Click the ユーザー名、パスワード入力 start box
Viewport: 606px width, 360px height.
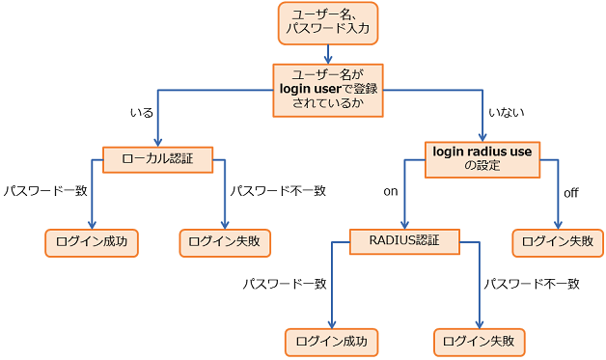(327, 23)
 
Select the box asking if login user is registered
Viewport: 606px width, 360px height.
(326, 90)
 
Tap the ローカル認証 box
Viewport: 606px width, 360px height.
(157, 158)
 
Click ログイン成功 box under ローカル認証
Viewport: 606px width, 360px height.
(91, 241)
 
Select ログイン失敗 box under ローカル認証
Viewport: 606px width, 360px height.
(225, 241)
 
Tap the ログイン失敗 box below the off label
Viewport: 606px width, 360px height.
(558, 241)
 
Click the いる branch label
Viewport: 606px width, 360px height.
(142, 113)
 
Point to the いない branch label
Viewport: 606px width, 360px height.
(507, 113)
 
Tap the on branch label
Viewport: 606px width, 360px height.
(390, 191)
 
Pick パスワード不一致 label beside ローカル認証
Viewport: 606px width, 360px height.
(278, 191)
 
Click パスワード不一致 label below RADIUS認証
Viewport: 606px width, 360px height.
(531, 284)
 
